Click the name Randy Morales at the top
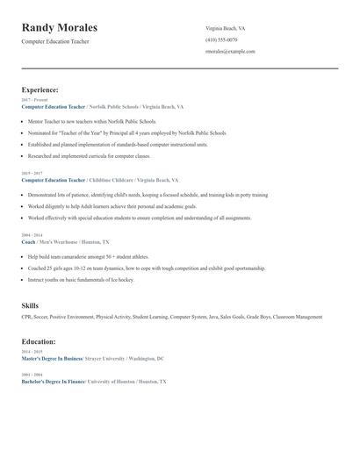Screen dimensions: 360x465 pyautogui.click(x=59, y=28)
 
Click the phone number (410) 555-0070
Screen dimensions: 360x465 pyautogui.click(x=221, y=39)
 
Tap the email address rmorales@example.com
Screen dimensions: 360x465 pyautogui.click(x=230, y=51)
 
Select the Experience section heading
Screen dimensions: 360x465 pyautogui.click(x=40, y=89)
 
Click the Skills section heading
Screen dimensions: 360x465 pyautogui.click(x=30, y=305)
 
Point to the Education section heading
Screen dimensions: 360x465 pyautogui.click(x=39, y=341)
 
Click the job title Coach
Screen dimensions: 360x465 pyautogui.click(x=28, y=241)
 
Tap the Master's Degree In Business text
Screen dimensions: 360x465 pyautogui.click(x=52, y=358)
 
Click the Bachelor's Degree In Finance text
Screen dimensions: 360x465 pyautogui.click(x=53, y=382)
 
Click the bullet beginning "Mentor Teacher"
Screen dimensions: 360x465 pyautogui.click(x=91, y=121)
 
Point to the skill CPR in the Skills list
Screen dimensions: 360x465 pyautogui.click(x=25, y=317)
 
